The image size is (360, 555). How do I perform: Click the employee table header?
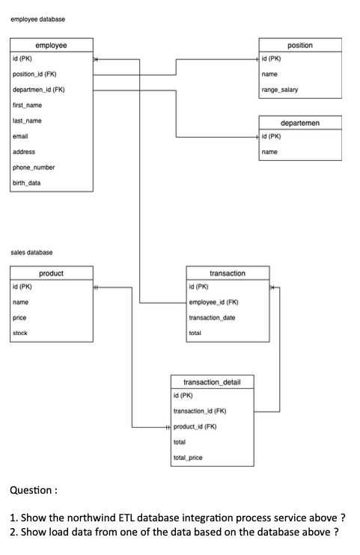click(51, 46)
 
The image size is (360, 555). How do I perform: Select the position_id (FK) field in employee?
click(35, 73)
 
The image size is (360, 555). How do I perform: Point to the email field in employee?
click(21, 136)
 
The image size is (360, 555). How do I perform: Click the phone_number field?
click(34, 168)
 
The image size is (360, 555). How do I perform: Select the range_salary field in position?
click(280, 89)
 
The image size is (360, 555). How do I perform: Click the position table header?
click(300, 46)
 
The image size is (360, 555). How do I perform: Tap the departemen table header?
click(300, 121)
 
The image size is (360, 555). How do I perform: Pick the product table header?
click(51, 274)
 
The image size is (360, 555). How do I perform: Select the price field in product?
click(21, 318)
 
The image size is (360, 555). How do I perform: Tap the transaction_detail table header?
click(203, 381)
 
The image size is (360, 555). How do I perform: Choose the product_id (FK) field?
click(195, 427)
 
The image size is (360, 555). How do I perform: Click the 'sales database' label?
click(31, 253)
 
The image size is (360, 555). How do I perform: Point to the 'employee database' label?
click(37, 20)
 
